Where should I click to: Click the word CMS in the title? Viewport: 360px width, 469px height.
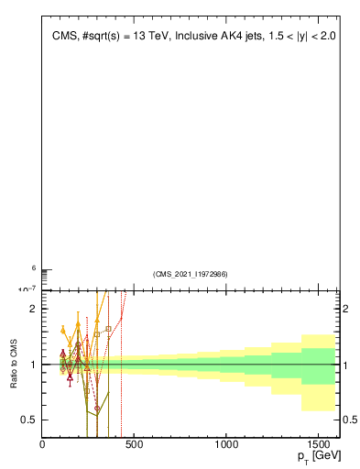coord(65,37)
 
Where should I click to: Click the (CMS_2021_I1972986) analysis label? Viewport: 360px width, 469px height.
coord(191,274)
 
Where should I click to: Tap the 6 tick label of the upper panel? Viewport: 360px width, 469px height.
coord(34,268)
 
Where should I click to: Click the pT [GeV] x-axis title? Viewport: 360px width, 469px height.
coord(314,455)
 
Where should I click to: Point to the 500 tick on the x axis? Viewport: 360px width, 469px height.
coord(135,444)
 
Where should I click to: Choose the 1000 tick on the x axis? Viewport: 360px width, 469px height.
coord(226,444)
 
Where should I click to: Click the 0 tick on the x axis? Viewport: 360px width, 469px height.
coord(42,444)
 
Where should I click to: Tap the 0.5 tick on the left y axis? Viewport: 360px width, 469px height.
coord(29,420)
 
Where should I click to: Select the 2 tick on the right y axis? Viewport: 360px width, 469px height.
coord(348,309)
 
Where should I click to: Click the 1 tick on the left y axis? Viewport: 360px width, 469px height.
coord(33,365)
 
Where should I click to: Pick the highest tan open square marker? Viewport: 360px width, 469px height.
coord(108,328)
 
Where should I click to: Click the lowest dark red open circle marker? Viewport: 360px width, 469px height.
coord(97,408)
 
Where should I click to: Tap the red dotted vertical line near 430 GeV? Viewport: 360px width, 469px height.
coord(121,385)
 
